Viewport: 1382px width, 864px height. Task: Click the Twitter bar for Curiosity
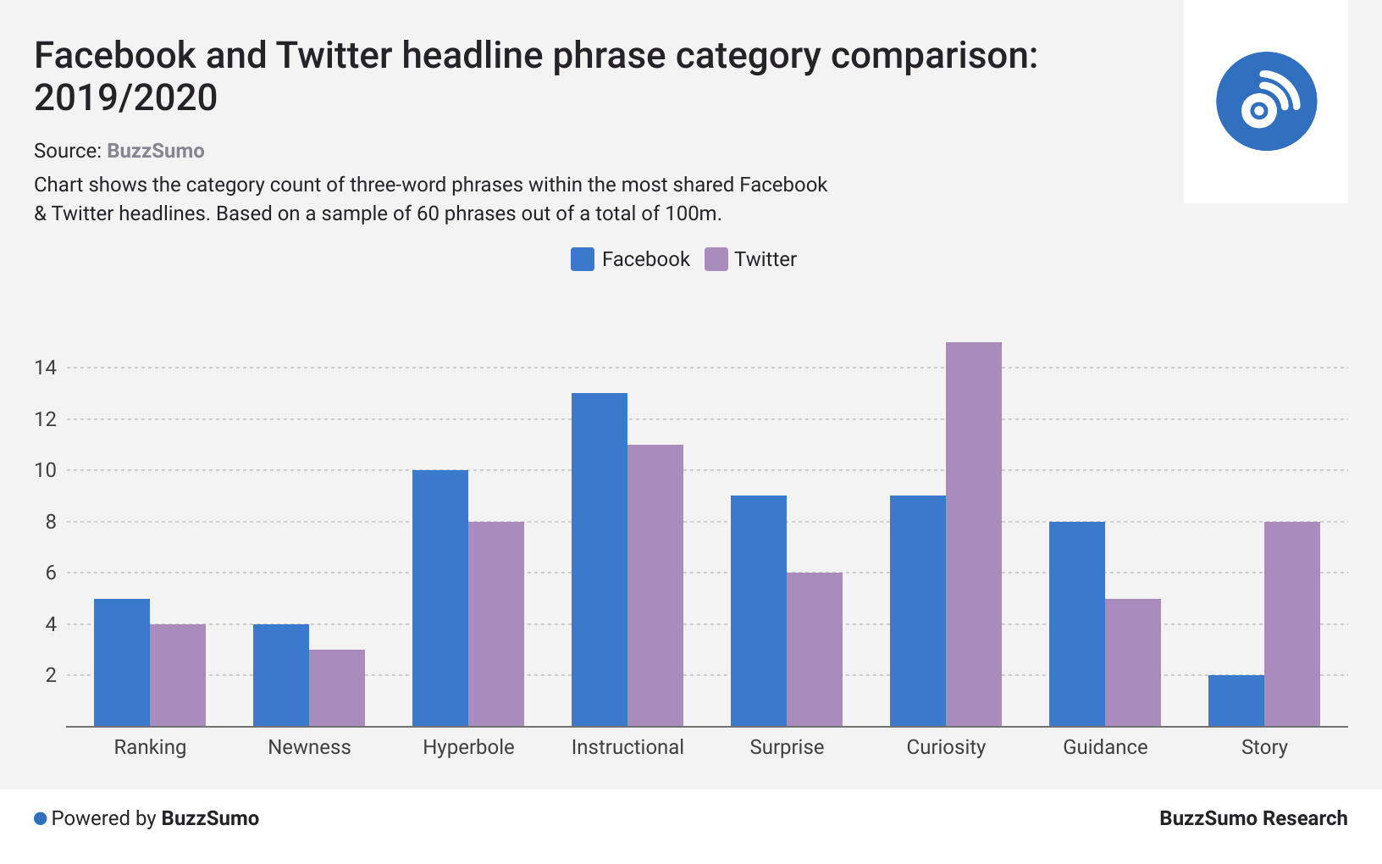[x=973, y=534]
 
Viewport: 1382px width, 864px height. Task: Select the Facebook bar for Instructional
[x=599, y=559]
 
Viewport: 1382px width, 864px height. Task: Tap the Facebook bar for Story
[x=1236, y=701]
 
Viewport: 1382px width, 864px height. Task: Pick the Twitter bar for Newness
[x=336, y=688]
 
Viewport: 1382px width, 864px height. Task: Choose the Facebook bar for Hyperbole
[x=439, y=598]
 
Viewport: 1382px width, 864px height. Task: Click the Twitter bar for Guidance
[x=1132, y=662]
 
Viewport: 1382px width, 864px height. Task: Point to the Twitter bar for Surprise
[x=814, y=650]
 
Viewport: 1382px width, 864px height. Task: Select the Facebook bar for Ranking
[x=121, y=662]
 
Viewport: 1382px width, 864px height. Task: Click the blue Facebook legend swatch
[x=582, y=259]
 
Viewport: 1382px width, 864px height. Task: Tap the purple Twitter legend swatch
[x=716, y=259]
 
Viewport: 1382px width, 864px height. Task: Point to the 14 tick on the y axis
[x=45, y=368]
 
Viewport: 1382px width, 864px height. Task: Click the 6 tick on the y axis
[x=51, y=573]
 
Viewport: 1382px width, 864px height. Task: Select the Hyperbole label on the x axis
[x=468, y=747]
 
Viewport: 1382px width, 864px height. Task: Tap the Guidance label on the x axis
[x=1105, y=747]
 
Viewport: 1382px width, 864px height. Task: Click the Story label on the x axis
[x=1264, y=747]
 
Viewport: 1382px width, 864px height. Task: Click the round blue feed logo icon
[x=1266, y=102]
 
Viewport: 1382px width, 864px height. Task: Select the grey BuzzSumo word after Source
[x=155, y=151]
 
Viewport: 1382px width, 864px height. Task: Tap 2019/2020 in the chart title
[x=125, y=98]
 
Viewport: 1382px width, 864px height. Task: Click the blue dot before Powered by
[x=40, y=818]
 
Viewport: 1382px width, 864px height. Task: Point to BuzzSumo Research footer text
[x=1253, y=818]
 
